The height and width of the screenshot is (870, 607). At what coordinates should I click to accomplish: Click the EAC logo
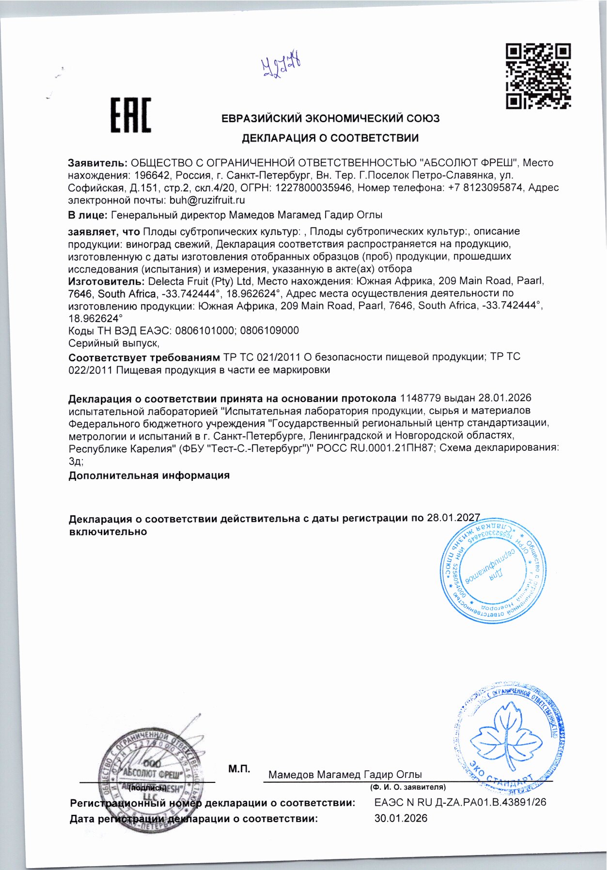[130, 115]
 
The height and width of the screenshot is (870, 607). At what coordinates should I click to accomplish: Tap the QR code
[538, 76]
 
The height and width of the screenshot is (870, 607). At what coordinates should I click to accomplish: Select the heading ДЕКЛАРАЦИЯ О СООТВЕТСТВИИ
[330, 138]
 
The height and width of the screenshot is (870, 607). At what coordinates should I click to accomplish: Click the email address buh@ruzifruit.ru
[207, 200]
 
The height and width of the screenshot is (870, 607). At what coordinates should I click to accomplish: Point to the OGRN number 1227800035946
[313, 187]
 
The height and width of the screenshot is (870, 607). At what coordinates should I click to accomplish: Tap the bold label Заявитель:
[97, 163]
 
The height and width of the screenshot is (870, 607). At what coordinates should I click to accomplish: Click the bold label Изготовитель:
[106, 281]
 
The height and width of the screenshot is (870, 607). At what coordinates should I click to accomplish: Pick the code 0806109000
[269, 331]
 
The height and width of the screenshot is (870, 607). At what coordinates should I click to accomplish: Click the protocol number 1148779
[420, 398]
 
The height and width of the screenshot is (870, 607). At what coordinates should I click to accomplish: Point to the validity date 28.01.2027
[453, 518]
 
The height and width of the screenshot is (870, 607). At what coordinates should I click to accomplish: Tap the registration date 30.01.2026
[401, 818]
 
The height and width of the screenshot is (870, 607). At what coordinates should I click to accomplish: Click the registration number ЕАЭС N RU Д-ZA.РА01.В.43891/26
[460, 802]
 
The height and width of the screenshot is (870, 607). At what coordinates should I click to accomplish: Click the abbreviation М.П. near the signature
[239, 769]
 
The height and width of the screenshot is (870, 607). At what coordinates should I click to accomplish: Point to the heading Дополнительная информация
[149, 475]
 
